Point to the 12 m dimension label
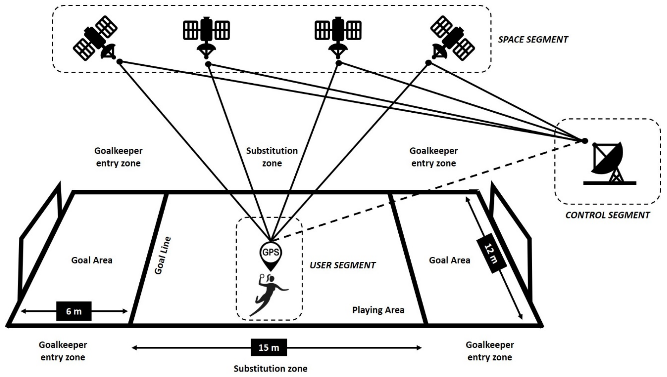point(491,254)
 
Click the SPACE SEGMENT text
point(533,40)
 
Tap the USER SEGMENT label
point(343,265)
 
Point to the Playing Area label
point(378,310)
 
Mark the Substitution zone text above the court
point(272,157)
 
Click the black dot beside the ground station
point(585,141)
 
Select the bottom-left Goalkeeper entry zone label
point(63,351)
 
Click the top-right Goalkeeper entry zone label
point(433,157)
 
